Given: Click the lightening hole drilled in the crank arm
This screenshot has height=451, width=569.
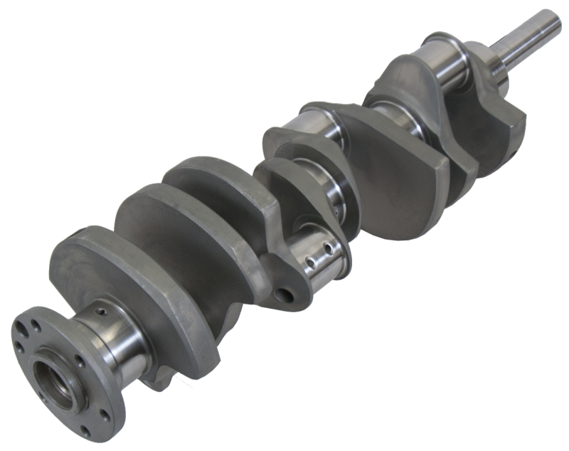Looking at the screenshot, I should (x=286, y=293).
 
